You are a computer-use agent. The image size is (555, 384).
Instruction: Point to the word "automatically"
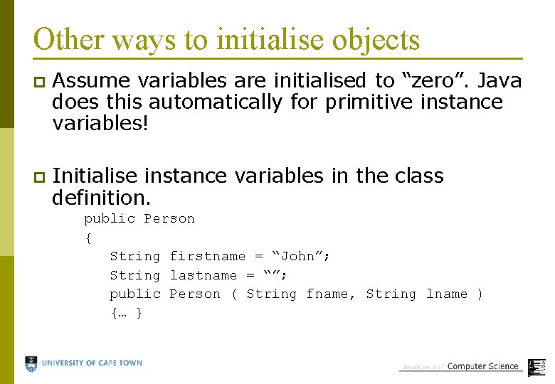point(216,102)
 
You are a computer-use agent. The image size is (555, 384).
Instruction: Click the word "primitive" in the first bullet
point(368,102)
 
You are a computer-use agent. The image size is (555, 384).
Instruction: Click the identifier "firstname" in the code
point(207,256)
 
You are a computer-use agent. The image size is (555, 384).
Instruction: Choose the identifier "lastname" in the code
point(203,275)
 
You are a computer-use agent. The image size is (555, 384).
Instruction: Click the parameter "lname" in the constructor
point(446,294)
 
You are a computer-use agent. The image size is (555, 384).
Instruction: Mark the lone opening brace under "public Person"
point(88,238)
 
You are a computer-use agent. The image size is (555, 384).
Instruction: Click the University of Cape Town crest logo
point(31,364)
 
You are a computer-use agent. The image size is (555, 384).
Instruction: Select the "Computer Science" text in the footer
point(483,366)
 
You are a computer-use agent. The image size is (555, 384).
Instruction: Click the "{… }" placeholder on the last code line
point(127,313)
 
